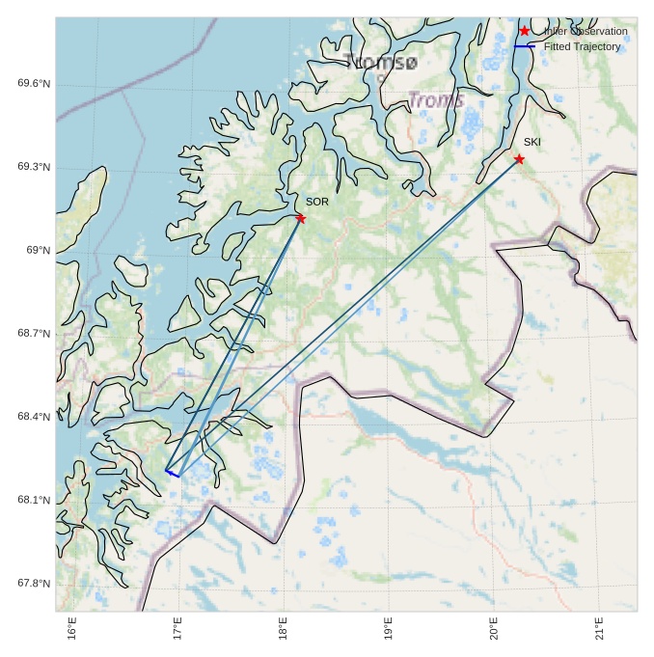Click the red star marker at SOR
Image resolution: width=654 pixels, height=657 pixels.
(301, 218)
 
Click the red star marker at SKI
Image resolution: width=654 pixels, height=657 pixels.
(519, 159)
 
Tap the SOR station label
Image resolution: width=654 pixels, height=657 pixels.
(317, 202)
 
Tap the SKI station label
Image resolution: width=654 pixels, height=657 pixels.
(532, 142)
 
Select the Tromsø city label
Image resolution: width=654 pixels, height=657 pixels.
(381, 63)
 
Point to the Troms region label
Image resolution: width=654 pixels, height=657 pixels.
(436, 100)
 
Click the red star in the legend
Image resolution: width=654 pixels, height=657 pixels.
(525, 31)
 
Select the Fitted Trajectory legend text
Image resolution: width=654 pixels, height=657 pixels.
(582, 46)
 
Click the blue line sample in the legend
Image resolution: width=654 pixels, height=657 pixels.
(524, 46)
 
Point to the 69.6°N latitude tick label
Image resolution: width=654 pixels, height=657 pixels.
(34, 84)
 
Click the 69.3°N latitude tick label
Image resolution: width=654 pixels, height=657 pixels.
(34, 167)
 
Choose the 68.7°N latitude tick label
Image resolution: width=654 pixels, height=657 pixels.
(34, 334)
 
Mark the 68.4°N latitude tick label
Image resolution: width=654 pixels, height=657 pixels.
(34, 417)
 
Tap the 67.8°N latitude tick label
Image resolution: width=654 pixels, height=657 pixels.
(34, 584)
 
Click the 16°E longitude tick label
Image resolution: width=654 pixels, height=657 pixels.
(73, 633)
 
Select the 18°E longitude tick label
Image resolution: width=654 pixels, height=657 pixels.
(284, 633)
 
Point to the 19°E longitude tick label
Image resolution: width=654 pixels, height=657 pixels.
(389, 633)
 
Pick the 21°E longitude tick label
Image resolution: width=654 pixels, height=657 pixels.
(599, 633)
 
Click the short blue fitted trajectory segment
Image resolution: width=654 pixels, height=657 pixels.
(172, 473)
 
